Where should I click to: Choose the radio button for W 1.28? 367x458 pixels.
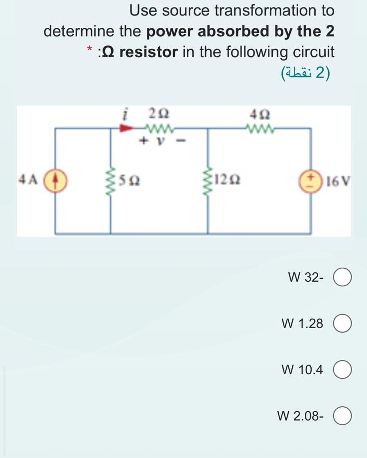342,324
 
